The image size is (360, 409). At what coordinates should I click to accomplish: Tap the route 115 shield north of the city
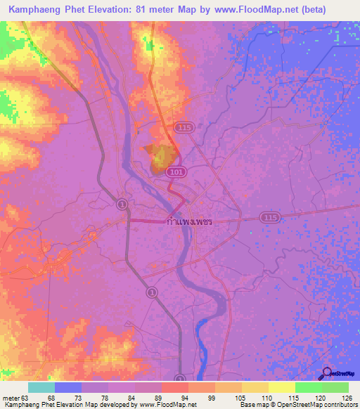[184, 127]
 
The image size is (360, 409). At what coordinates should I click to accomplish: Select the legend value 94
[185, 397]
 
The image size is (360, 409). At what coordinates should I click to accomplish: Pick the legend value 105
[238, 397]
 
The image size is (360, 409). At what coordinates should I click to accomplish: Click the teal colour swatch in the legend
[41, 387]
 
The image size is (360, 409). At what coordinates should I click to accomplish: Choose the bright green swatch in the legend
[308, 387]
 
